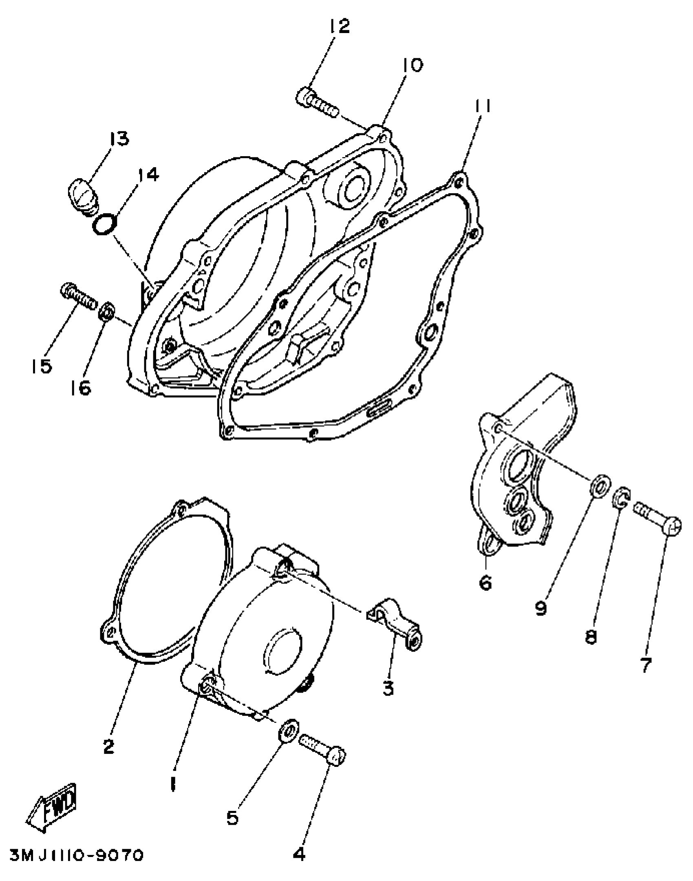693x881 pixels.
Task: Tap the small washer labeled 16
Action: click(107, 312)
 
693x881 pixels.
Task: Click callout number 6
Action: click(485, 583)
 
